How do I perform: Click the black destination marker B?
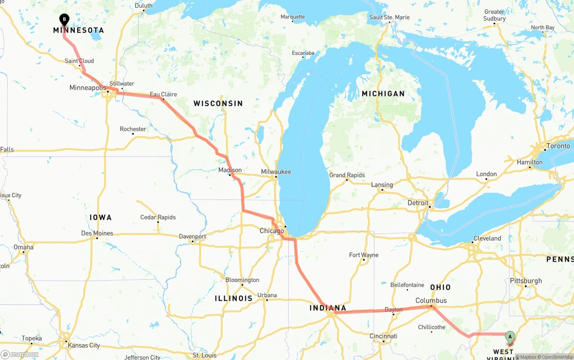64,19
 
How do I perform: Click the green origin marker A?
510,337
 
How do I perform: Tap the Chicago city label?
272,231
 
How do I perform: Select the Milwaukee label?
276,172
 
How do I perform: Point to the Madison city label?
230,170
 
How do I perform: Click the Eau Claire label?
163,94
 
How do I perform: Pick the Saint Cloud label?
79,61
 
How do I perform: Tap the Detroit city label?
418,203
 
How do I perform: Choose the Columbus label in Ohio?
431,300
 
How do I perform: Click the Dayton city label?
394,310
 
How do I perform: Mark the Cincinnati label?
383,336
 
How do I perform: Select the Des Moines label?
97,233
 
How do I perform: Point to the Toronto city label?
558,146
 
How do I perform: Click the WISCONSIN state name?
218,104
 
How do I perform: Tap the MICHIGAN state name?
383,94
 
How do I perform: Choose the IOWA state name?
100,217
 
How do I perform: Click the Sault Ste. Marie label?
389,17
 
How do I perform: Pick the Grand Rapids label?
347,175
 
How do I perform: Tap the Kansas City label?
83,345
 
